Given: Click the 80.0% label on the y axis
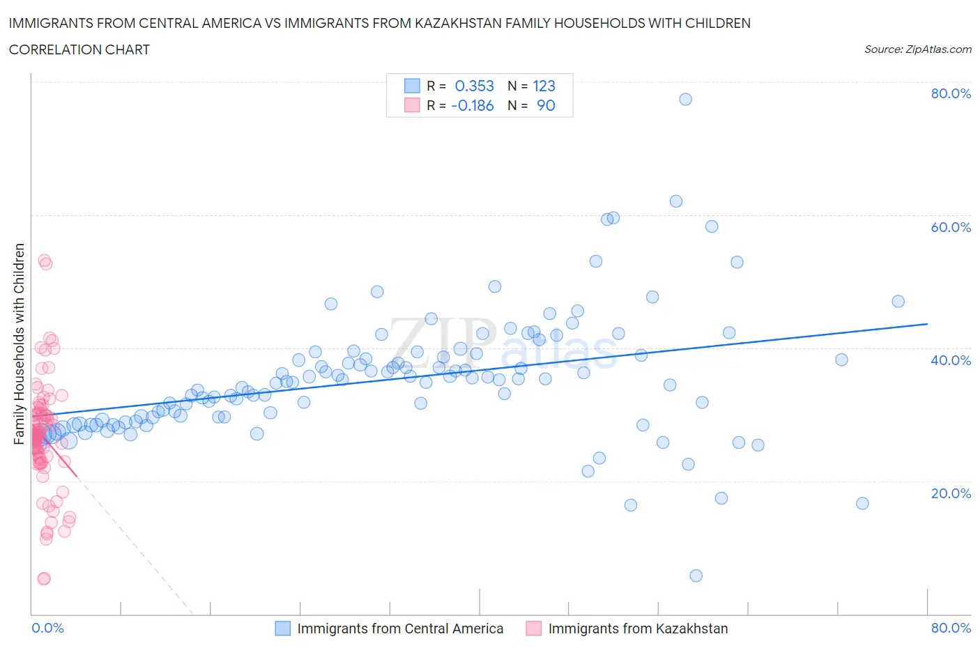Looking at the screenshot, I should (951, 93).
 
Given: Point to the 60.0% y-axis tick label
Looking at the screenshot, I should (951, 227).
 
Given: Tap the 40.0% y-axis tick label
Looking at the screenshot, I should (951, 360).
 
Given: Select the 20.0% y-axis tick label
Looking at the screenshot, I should (951, 493).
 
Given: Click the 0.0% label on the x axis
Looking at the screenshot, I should (47, 628).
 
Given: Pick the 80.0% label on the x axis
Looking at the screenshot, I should (951, 628).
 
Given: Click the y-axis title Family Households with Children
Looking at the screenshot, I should (20, 344).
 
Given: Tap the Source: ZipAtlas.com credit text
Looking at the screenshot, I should (917, 49).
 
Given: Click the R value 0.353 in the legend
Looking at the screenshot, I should (474, 86).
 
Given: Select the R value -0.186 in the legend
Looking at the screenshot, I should (472, 105).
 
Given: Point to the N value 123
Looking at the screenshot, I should (544, 86).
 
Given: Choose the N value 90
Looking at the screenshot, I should (546, 105).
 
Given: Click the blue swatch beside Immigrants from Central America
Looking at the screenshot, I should (282, 628).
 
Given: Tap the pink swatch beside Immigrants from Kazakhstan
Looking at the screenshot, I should (533, 628).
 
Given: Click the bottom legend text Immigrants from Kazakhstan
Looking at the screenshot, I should (638, 628).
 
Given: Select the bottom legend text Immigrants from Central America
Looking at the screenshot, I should (400, 628).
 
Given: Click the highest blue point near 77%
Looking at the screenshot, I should (685, 99).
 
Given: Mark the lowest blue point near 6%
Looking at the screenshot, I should (696, 576).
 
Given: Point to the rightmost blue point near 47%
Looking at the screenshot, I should (898, 301).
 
